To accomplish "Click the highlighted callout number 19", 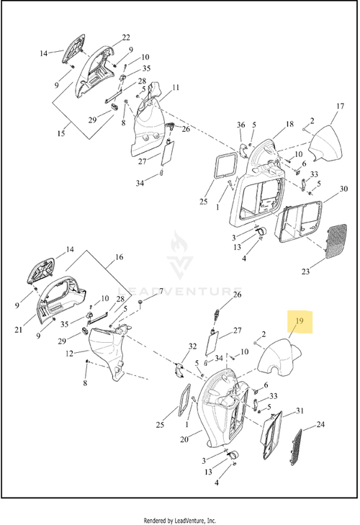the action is pos(300,320).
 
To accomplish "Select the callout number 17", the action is pos(340,106).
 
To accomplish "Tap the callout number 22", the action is pos(126,37).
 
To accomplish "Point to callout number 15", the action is pos(61,133).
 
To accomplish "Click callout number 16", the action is pos(120,257).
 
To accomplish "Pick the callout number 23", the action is pos(305,272).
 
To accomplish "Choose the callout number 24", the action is pos(320,425).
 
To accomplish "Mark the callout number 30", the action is pos(344,189).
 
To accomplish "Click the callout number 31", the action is pos(300,410).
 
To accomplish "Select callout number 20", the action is pos(184,439).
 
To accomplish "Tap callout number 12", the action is pos(69,354).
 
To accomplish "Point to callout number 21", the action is pos(19,330).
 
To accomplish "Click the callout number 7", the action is pos(161,291).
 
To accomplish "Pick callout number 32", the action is pos(192,346).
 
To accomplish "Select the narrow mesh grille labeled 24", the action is pos(296,447).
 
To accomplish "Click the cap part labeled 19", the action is pos(279,357).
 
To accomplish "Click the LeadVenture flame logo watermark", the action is pos(180,254).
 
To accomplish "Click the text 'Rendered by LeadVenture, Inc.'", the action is pos(180,520).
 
